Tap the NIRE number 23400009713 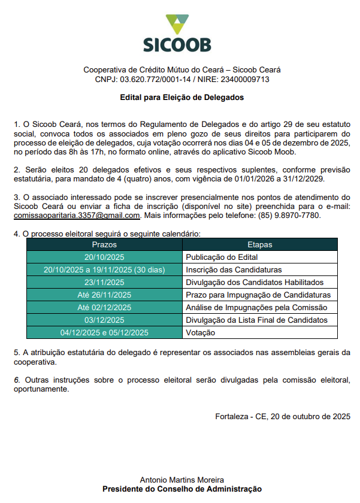point(246,79)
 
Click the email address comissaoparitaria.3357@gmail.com point(77,215)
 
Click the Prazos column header point(104,244)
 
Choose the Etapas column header point(259,244)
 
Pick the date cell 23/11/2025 point(104,282)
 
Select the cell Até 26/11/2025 point(104,295)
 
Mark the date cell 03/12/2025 point(104,320)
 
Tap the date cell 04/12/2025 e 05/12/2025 point(104,332)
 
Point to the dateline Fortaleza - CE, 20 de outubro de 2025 point(283,416)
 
